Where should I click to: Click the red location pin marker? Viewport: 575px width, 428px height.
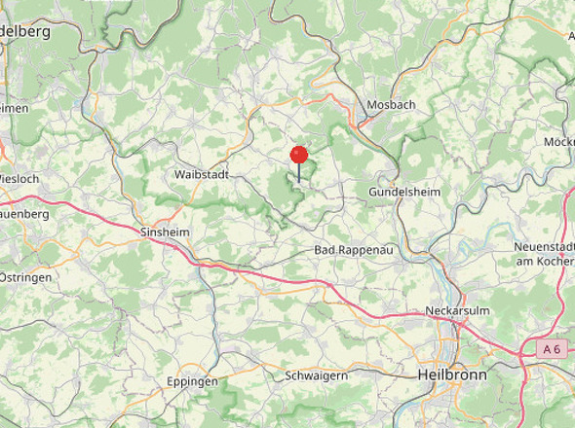[299, 155]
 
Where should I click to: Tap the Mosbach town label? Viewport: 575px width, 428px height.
[391, 105]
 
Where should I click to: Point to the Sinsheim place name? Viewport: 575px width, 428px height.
[165, 233]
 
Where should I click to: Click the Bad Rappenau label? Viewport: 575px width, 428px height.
[353, 251]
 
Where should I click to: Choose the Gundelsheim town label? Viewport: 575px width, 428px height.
[403, 193]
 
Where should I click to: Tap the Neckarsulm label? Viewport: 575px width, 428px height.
[456, 311]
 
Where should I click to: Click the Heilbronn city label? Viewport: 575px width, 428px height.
[452, 374]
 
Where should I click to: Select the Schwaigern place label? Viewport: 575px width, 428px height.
[317, 374]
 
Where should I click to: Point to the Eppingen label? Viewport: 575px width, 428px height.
[192, 381]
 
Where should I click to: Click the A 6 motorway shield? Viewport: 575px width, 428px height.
[553, 348]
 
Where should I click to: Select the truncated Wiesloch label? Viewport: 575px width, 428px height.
[19, 179]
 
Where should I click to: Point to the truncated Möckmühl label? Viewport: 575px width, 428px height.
[559, 142]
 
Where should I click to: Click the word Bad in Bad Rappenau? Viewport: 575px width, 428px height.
[326, 251]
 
